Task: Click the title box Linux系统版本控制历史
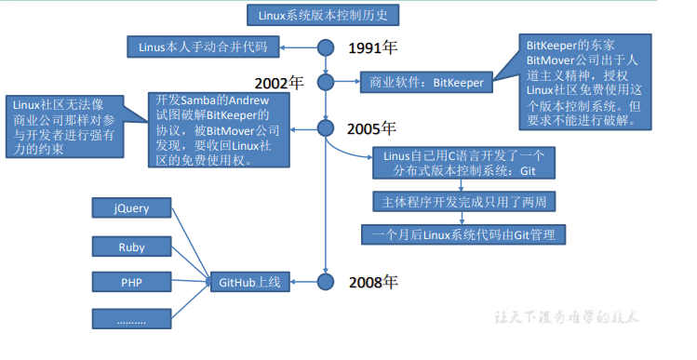[323, 16]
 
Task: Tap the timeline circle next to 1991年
[326, 47]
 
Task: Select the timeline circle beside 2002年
[326, 82]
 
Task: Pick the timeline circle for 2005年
[326, 128]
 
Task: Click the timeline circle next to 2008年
[326, 282]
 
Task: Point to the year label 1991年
[372, 48]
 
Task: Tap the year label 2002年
[279, 83]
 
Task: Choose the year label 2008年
[373, 282]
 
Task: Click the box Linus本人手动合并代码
[203, 47]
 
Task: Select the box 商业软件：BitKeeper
[426, 82]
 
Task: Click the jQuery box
[131, 208]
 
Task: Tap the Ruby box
[131, 247]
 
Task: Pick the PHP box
[131, 282]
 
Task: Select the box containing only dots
[131, 319]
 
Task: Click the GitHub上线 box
[249, 282]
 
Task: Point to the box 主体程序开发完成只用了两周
[464, 202]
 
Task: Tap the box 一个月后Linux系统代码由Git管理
[463, 234]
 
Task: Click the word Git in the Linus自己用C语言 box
[528, 171]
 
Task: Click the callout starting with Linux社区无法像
[65, 127]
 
